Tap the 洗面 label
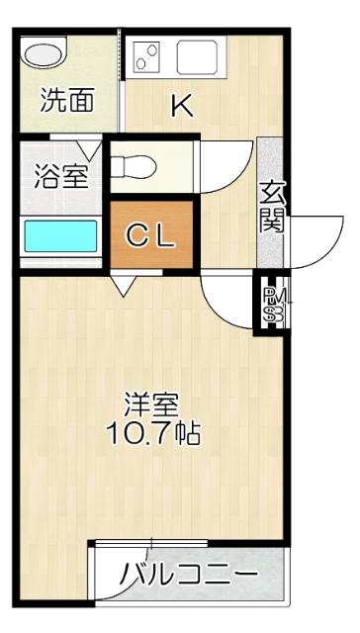click(66, 100)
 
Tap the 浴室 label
click(61, 178)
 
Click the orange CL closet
click(151, 234)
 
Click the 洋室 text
click(151, 405)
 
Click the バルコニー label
click(189, 575)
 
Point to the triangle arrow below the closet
click(125, 285)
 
